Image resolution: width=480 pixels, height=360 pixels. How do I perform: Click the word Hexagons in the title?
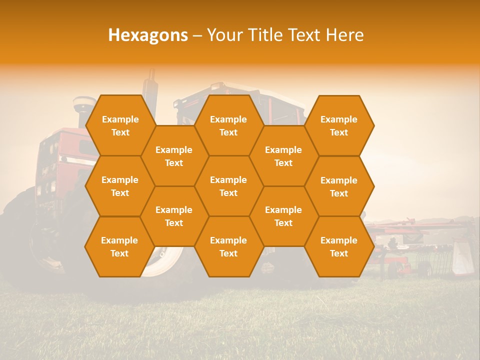[148, 35]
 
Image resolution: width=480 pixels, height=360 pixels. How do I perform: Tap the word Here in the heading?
[344, 35]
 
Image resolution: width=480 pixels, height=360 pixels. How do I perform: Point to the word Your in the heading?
[224, 35]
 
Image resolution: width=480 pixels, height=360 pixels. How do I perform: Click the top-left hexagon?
[120, 125]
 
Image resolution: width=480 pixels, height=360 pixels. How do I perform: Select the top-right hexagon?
[339, 125]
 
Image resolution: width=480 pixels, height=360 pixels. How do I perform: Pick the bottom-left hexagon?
[119, 246]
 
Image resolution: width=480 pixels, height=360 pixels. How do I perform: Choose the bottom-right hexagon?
[339, 246]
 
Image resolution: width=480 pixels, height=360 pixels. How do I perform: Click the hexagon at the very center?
[228, 186]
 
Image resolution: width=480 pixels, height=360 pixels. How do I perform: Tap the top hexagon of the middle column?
[228, 125]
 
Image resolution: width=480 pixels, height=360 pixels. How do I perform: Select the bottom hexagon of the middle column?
[228, 246]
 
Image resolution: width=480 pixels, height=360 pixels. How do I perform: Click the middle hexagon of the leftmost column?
[120, 186]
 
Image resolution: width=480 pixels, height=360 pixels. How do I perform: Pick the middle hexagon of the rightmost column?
[339, 186]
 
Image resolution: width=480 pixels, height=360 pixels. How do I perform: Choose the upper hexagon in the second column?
[174, 156]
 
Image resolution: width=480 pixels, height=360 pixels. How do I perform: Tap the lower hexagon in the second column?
[174, 216]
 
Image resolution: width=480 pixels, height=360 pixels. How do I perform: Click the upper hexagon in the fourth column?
[283, 156]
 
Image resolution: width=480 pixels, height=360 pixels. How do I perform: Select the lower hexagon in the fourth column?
[283, 216]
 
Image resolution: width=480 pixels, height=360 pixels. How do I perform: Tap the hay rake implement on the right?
[420, 245]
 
